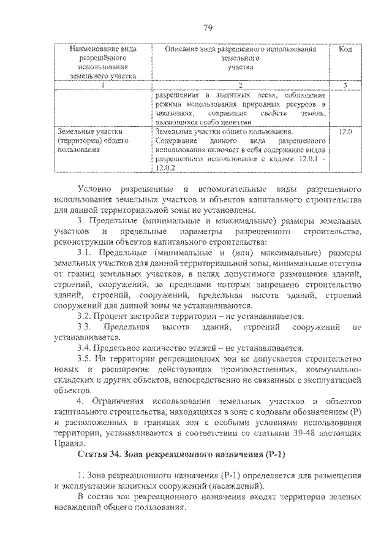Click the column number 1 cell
click(x=102, y=85)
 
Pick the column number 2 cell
click(x=240, y=85)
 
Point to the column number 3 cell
click(x=345, y=85)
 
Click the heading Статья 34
click(x=100, y=454)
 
